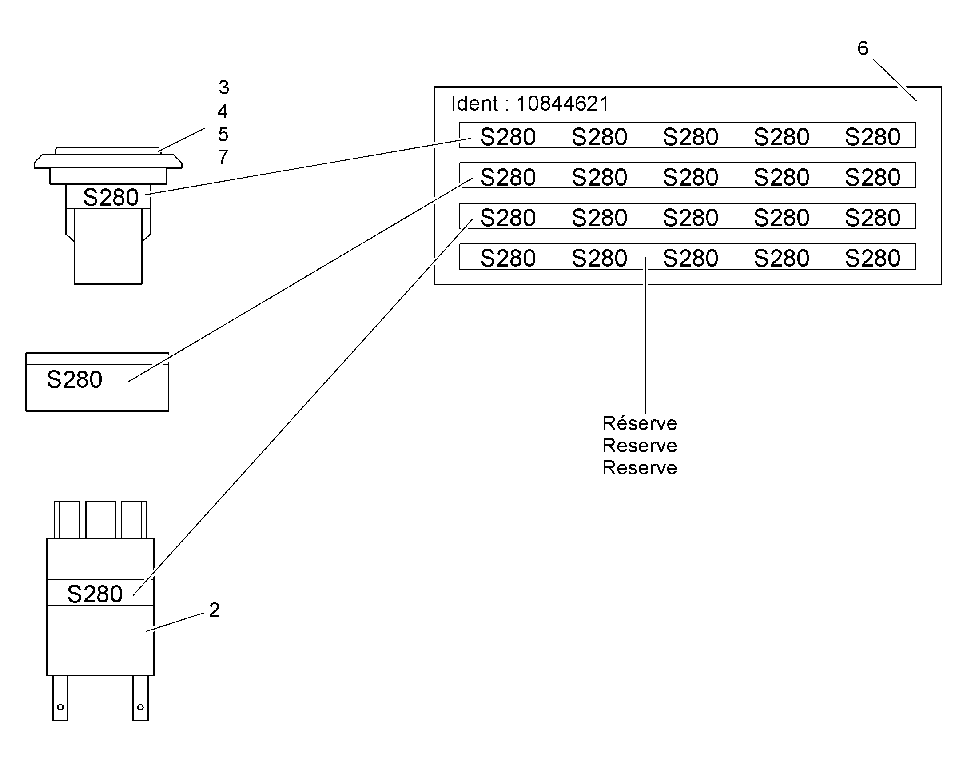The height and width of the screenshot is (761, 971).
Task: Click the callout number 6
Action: pyautogui.click(x=863, y=48)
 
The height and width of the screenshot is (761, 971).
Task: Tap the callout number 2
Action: pyautogui.click(x=214, y=610)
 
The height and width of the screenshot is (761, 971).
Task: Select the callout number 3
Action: pyautogui.click(x=223, y=88)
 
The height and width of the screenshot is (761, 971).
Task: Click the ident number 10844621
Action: pyautogui.click(x=562, y=104)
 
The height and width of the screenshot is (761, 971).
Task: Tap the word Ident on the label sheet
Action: pyautogui.click(x=474, y=104)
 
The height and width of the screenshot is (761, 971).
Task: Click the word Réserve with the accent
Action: pyautogui.click(x=640, y=423)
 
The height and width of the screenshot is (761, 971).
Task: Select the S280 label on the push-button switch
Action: pyautogui.click(x=111, y=197)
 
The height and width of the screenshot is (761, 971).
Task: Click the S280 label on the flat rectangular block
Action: pyautogui.click(x=74, y=379)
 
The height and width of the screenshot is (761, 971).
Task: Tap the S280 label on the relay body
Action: pyautogui.click(x=95, y=594)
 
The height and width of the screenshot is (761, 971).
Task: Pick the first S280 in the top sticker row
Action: pyautogui.click(x=508, y=137)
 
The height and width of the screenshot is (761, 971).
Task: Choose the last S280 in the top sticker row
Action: pyautogui.click(x=872, y=137)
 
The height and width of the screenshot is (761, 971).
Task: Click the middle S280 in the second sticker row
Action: pyautogui.click(x=690, y=177)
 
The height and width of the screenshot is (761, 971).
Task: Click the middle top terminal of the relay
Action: pyautogui.click(x=100, y=519)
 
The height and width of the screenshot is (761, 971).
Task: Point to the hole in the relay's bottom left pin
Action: pyautogui.click(x=60, y=707)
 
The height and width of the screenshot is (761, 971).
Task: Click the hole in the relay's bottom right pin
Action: pyautogui.click(x=140, y=707)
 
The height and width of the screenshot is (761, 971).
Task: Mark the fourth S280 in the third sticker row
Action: pyautogui.click(x=781, y=218)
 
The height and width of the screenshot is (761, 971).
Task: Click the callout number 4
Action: pyautogui.click(x=223, y=111)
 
